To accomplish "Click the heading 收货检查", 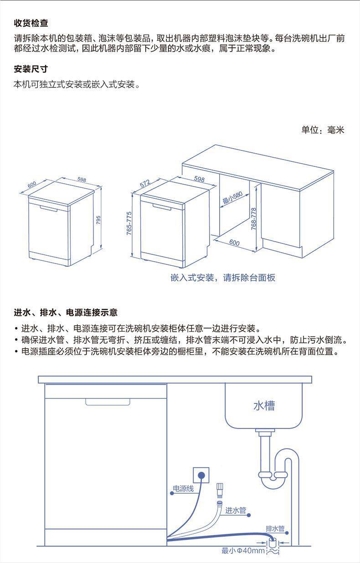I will pos(31,23).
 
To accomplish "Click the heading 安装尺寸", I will pos(31,69).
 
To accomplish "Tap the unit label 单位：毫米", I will pos(323,130).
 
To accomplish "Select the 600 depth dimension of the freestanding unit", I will pos(32,185).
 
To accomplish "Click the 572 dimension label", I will pos(145,184).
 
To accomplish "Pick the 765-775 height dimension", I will pos(129,224).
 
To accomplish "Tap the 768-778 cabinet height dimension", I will pos(254,219).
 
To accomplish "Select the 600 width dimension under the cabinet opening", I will pos(234,243).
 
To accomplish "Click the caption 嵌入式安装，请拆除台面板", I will pos(223,278).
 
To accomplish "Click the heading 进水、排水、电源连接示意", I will pos(66,312).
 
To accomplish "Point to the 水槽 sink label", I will pos(264,406).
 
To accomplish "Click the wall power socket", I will pos(201,475).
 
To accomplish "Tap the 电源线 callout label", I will pos(183,489).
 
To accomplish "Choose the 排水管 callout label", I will pos(275,528).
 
